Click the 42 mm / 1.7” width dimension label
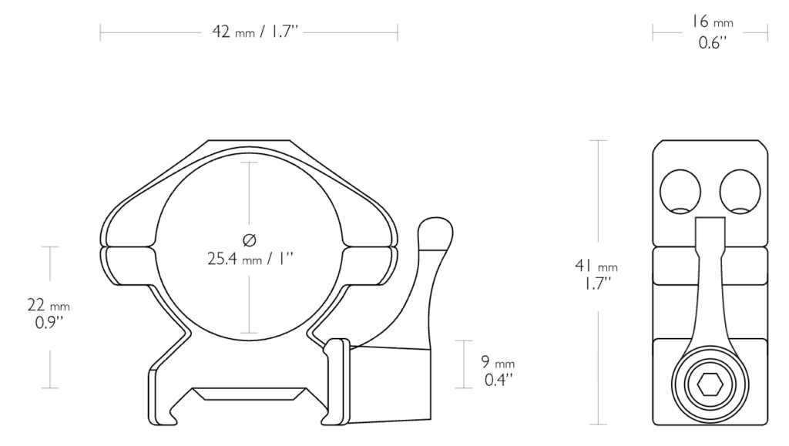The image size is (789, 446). (255, 32)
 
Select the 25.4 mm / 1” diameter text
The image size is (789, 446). (250, 259)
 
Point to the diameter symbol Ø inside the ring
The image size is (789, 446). (250, 240)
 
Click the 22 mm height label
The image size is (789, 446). (49, 305)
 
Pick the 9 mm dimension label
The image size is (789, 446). (498, 362)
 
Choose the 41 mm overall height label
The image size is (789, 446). (596, 266)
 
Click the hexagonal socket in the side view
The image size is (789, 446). (710, 385)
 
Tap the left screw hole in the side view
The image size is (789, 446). (680, 192)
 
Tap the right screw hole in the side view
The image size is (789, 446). (740, 192)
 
